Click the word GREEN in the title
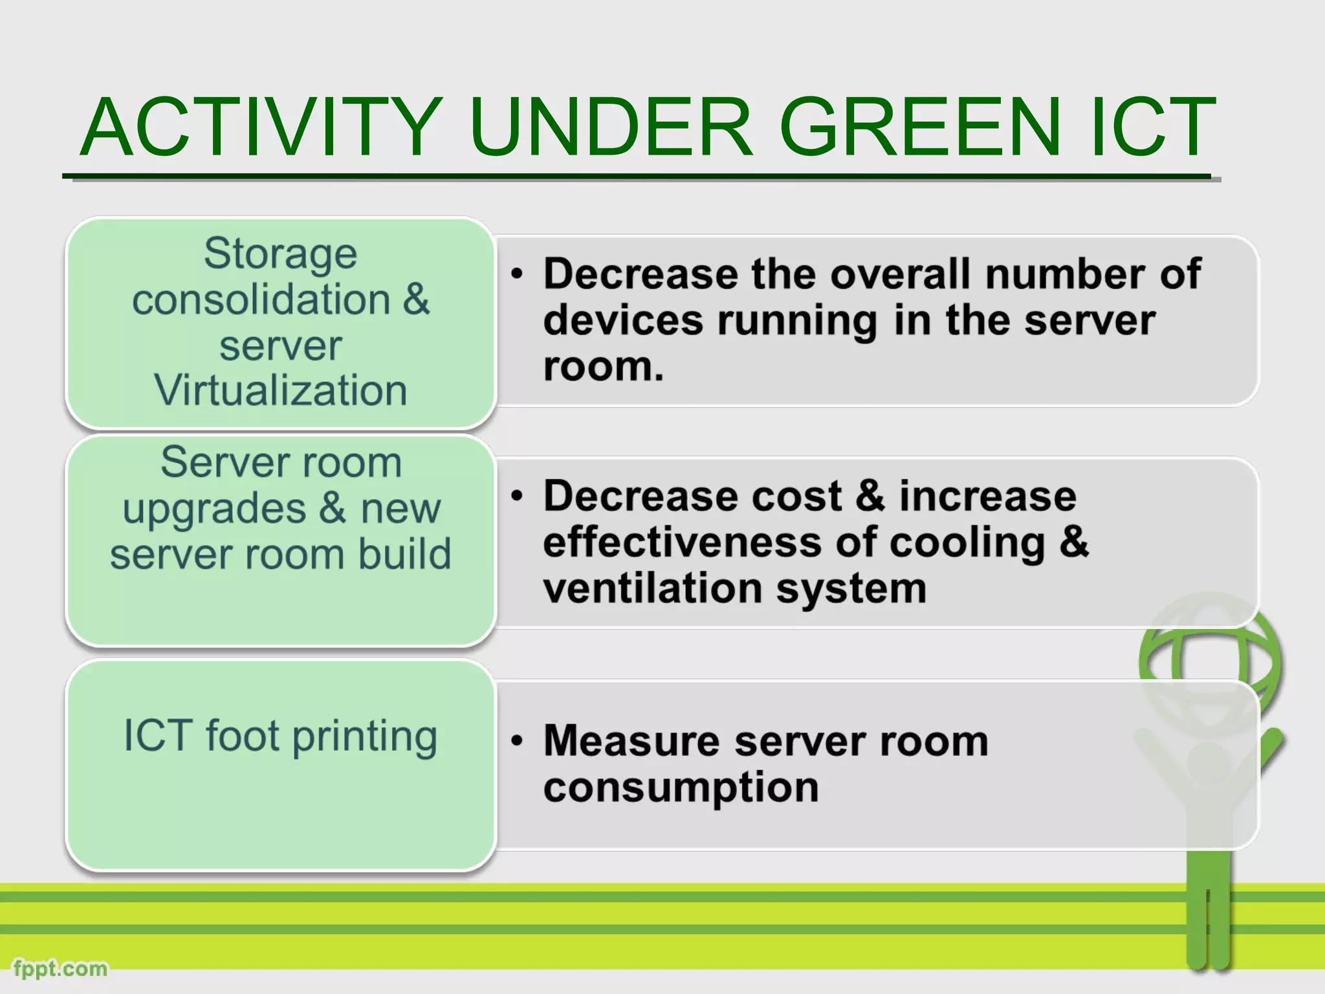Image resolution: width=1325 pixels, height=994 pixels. tap(919, 127)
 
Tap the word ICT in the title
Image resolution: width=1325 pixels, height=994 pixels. tap(1152, 127)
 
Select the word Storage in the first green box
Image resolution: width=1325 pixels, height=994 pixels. tap(280, 253)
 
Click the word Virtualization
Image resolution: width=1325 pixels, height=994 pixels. tap(280, 390)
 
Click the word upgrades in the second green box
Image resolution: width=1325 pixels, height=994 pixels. tap(214, 509)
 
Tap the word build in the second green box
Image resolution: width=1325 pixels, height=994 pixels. tap(404, 555)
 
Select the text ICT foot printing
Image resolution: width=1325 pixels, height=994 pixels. tap(280, 736)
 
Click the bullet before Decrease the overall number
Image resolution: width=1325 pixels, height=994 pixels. tap(516, 274)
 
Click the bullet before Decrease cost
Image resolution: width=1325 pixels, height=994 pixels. tap(516, 496)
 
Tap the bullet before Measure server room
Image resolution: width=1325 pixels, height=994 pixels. tap(516, 741)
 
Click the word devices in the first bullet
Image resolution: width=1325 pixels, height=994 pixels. tap(622, 320)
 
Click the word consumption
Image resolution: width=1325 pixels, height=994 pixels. tap(681, 788)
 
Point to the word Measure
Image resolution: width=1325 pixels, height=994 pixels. tap(631, 741)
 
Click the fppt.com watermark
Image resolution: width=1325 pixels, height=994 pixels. tap(60, 969)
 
